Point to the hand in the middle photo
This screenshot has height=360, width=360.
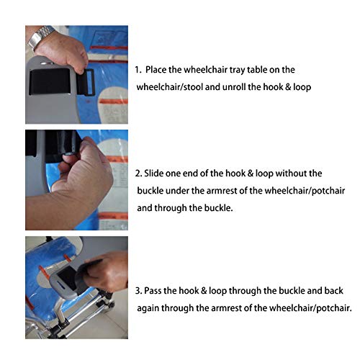79,176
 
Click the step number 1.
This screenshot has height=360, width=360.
138,70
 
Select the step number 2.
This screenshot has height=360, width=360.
138,174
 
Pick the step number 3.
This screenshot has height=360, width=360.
138,291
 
